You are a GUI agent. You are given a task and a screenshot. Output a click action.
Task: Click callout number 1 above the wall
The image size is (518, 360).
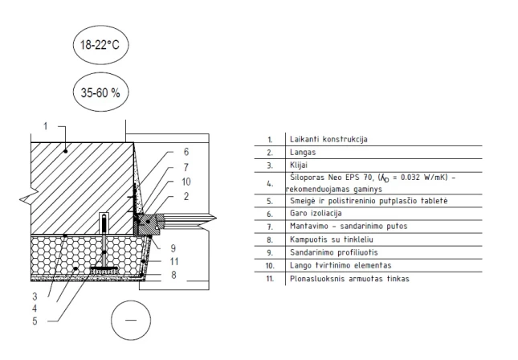(46, 126)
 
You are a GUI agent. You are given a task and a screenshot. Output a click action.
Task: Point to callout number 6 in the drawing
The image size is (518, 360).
(186, 152)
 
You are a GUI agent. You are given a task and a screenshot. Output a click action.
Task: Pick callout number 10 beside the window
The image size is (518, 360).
(186, 182)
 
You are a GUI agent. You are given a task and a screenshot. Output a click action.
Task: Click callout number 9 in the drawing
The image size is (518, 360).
(173, 248)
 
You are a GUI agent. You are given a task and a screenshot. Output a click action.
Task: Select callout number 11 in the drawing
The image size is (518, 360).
(174, 261)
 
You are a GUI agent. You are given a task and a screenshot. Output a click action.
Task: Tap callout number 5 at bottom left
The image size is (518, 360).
(35, 321)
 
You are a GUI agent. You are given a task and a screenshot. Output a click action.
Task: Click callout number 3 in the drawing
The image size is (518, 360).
(35, 297)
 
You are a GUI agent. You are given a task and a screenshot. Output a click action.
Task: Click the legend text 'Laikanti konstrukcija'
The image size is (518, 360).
(328, 139)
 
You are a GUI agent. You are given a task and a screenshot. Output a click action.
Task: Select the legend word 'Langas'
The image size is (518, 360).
(303, 153)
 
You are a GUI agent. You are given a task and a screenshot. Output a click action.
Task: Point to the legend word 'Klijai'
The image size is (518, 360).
(299, 165)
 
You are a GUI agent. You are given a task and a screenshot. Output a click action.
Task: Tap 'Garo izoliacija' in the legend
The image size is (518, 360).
(316, 213)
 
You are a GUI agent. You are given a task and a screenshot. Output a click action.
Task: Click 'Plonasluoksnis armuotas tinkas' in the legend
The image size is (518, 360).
(349, 279)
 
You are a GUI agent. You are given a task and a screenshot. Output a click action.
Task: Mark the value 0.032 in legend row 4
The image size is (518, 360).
(410, 178)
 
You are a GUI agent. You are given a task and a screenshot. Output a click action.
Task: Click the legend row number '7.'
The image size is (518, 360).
(270, 227)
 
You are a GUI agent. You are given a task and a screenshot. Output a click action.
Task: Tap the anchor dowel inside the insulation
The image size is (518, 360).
(104, 243)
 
